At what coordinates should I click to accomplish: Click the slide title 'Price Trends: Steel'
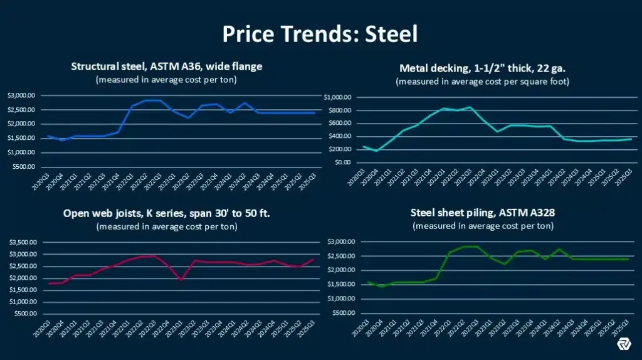coord(320,33)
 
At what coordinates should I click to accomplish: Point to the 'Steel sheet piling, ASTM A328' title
coord(482,213)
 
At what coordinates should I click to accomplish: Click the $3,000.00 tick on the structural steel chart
coord(21,95)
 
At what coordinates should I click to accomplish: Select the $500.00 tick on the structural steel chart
coord(23,166)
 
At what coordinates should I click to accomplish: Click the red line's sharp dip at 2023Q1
coord(181,280)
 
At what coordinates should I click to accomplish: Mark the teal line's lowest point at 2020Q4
coord(376,151)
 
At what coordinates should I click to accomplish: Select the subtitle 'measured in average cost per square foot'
coord(481,82)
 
